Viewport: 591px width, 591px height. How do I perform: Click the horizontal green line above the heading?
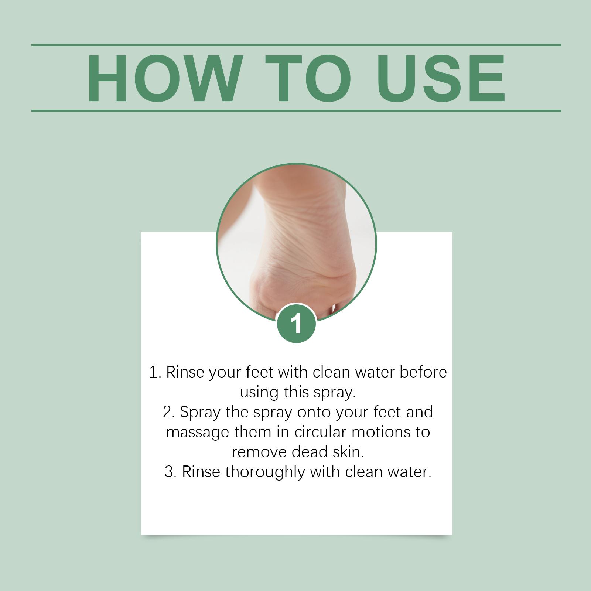pyautogui.click(x=296, y=45)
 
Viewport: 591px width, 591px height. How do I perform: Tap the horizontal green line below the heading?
pyautogui.click(x=296, y=110)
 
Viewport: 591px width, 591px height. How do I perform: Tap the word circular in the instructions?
pyautogui.click(x=325, y=432)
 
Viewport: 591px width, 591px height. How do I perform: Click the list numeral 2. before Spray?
pyautogui.click(x=169, y=412)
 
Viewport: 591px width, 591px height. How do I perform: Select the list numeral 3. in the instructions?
pyautogui.click(x=171, y=472)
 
